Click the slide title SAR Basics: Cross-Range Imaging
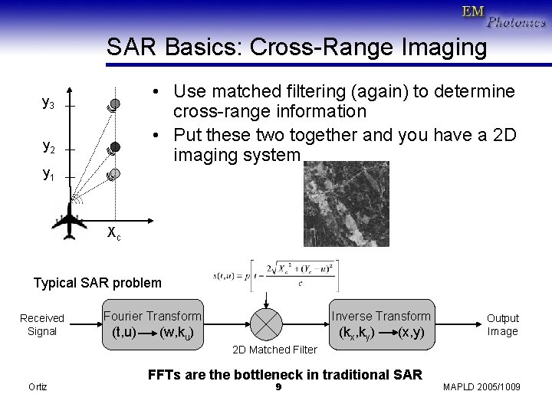297,48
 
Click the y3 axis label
48,103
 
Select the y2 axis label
48,146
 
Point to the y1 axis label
48,174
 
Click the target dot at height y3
113,103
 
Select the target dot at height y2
114,146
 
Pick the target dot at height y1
113,174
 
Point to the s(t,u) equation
276,275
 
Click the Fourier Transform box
152,324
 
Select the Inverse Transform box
380,324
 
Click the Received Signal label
42,324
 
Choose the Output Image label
502,324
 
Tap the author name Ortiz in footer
37,386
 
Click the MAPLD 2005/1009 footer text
481,386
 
